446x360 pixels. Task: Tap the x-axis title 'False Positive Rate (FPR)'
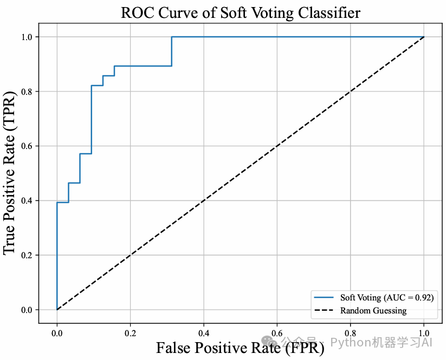coord(240,347)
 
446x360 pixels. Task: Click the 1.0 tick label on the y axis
coord(27,37)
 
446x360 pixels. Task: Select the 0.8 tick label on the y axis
coord(27,91)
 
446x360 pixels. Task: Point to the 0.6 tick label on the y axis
coord(27,146)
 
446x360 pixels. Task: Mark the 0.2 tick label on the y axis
coord(27,255)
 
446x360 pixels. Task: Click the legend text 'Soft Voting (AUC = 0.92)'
coord(386,298)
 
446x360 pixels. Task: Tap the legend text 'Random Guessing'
coord(373,311)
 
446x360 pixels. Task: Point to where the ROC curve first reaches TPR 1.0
coord(172,37)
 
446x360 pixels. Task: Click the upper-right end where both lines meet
coord(424,37)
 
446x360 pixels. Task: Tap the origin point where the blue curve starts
coord(57,310)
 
